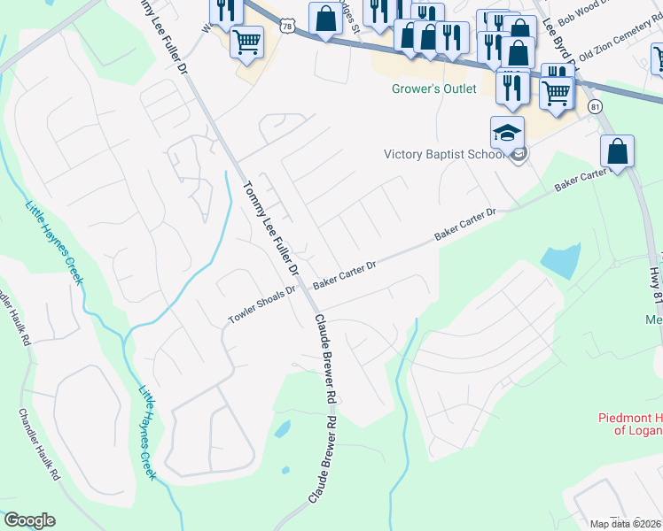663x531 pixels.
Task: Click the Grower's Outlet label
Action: tap(434, 88)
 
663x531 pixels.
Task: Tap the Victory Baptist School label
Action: tap(443, 154)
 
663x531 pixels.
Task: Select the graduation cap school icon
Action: tap(508, 134)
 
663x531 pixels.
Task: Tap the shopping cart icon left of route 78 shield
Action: tap(246, 41)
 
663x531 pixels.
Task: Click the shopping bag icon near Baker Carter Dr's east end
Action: tap(618, 152)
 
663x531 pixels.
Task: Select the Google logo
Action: tap(29, 520)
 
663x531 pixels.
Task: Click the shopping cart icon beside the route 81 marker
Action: tap(556, 92)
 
